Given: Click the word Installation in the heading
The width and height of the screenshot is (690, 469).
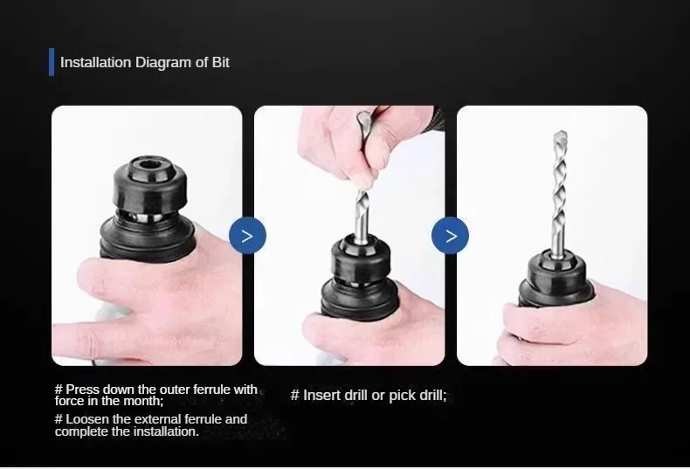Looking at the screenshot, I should (95, 62).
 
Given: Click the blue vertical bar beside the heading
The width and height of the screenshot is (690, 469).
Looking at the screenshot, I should (52, 62).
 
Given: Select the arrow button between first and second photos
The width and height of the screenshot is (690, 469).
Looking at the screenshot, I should (247, 236).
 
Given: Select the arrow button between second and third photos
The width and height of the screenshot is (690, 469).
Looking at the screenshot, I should (451, 236).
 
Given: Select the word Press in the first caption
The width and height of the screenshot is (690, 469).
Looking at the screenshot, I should (84, 390).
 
